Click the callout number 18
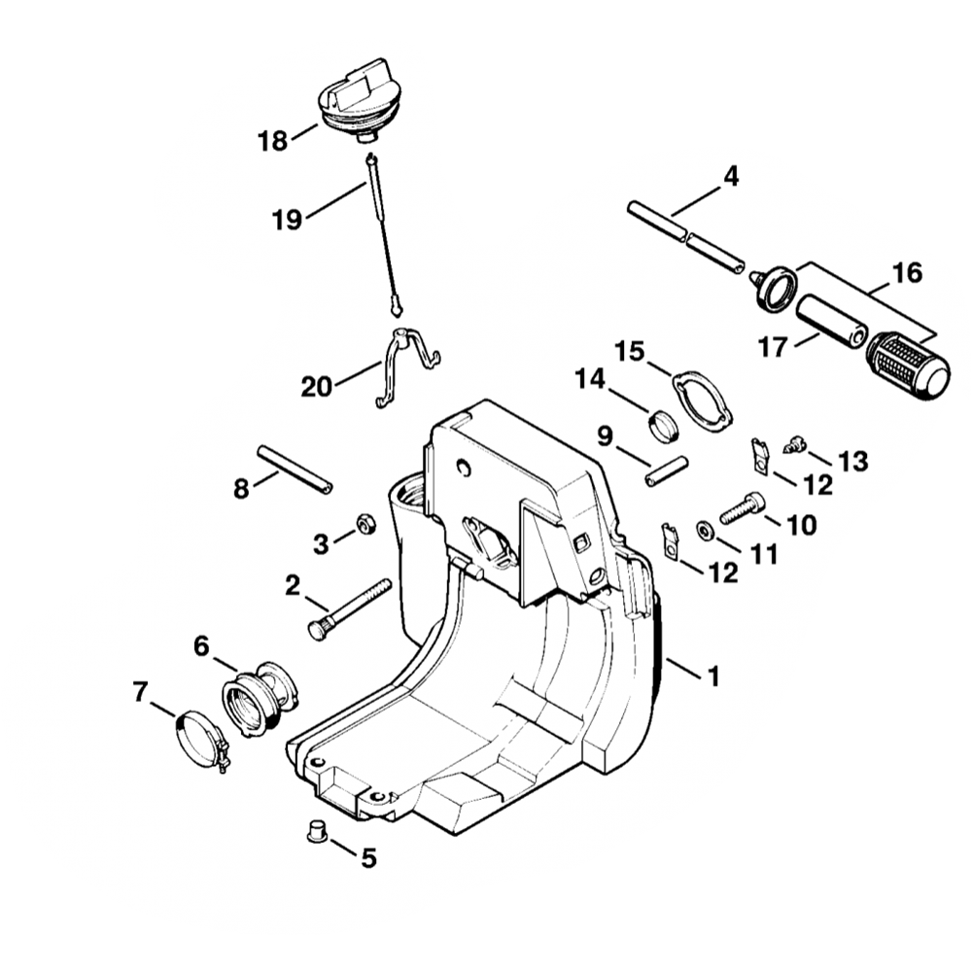(x=273, y=142)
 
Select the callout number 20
(x=316, y=387)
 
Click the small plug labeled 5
(x=316, y=833)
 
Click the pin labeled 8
(x=295, y=469)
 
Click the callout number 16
(x=907, y=273)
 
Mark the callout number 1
(x=713, y=676)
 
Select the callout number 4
(x=730, y=176)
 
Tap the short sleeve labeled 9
(x=666, y=471)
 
